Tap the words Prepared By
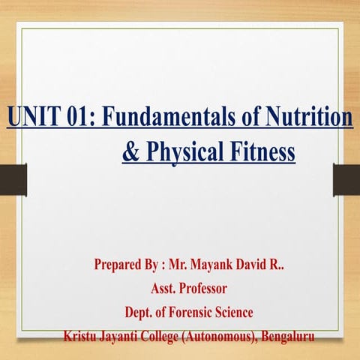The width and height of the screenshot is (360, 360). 126,265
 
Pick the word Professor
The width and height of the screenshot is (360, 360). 210,288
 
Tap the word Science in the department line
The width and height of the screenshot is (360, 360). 243,311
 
